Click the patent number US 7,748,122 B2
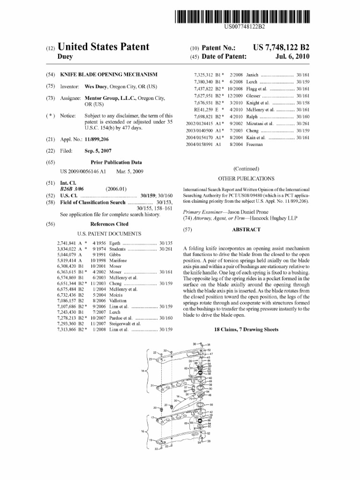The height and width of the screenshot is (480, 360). pyautogui.click(x=281, y=48)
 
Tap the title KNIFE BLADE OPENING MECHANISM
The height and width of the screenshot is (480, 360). pyautogui.click(x=109, y=75)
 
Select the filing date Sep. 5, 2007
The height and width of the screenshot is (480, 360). pyautogui.click(x=99, y=151)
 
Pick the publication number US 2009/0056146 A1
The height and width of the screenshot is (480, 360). pyautogui.click(x=83, y=172)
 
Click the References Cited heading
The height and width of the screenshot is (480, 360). pyautogui.click(x=109, y=224)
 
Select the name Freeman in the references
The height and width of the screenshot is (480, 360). pyautogui.click(x=255, y=144)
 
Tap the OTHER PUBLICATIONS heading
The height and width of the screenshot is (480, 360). pyautogui.click(x=246, y=179)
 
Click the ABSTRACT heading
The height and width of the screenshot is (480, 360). pyautogui.click(x=246, y=230)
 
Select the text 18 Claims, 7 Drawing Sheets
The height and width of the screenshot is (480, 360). pyautogui.click(x=246, y=330)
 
